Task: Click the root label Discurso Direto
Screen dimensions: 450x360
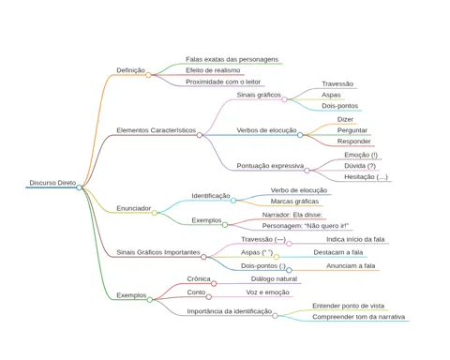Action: point(52,183)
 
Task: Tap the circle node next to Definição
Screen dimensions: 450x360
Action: point(148,75)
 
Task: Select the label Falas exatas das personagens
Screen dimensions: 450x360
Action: point(232,59)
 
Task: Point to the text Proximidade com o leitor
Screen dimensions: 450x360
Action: point(223,82)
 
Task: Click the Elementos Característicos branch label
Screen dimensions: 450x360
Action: point(157,130)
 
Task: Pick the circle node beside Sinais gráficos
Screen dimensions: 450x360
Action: point(284,99)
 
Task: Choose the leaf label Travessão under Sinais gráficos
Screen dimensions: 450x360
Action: point(337,84)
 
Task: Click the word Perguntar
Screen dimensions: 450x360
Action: point(352,130)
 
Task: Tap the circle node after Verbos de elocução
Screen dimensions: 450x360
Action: point(300,135)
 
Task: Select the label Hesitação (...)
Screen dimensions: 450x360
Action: point(366,177)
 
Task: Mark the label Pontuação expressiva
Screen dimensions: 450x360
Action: point(270,166)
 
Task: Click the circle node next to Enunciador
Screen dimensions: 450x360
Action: point(155,213)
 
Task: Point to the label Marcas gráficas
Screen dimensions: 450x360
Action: point(294,202)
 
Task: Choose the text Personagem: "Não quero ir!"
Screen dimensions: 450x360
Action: point(306,226)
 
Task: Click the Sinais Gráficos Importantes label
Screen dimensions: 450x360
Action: point(158,252)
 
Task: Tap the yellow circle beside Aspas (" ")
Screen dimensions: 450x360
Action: point(277,257)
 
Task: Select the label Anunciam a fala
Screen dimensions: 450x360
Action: point(351,266)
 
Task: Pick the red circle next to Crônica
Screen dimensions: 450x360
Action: point(214,284)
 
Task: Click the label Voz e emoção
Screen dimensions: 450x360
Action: point(267,292)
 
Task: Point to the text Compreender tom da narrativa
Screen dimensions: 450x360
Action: point(358,317)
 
